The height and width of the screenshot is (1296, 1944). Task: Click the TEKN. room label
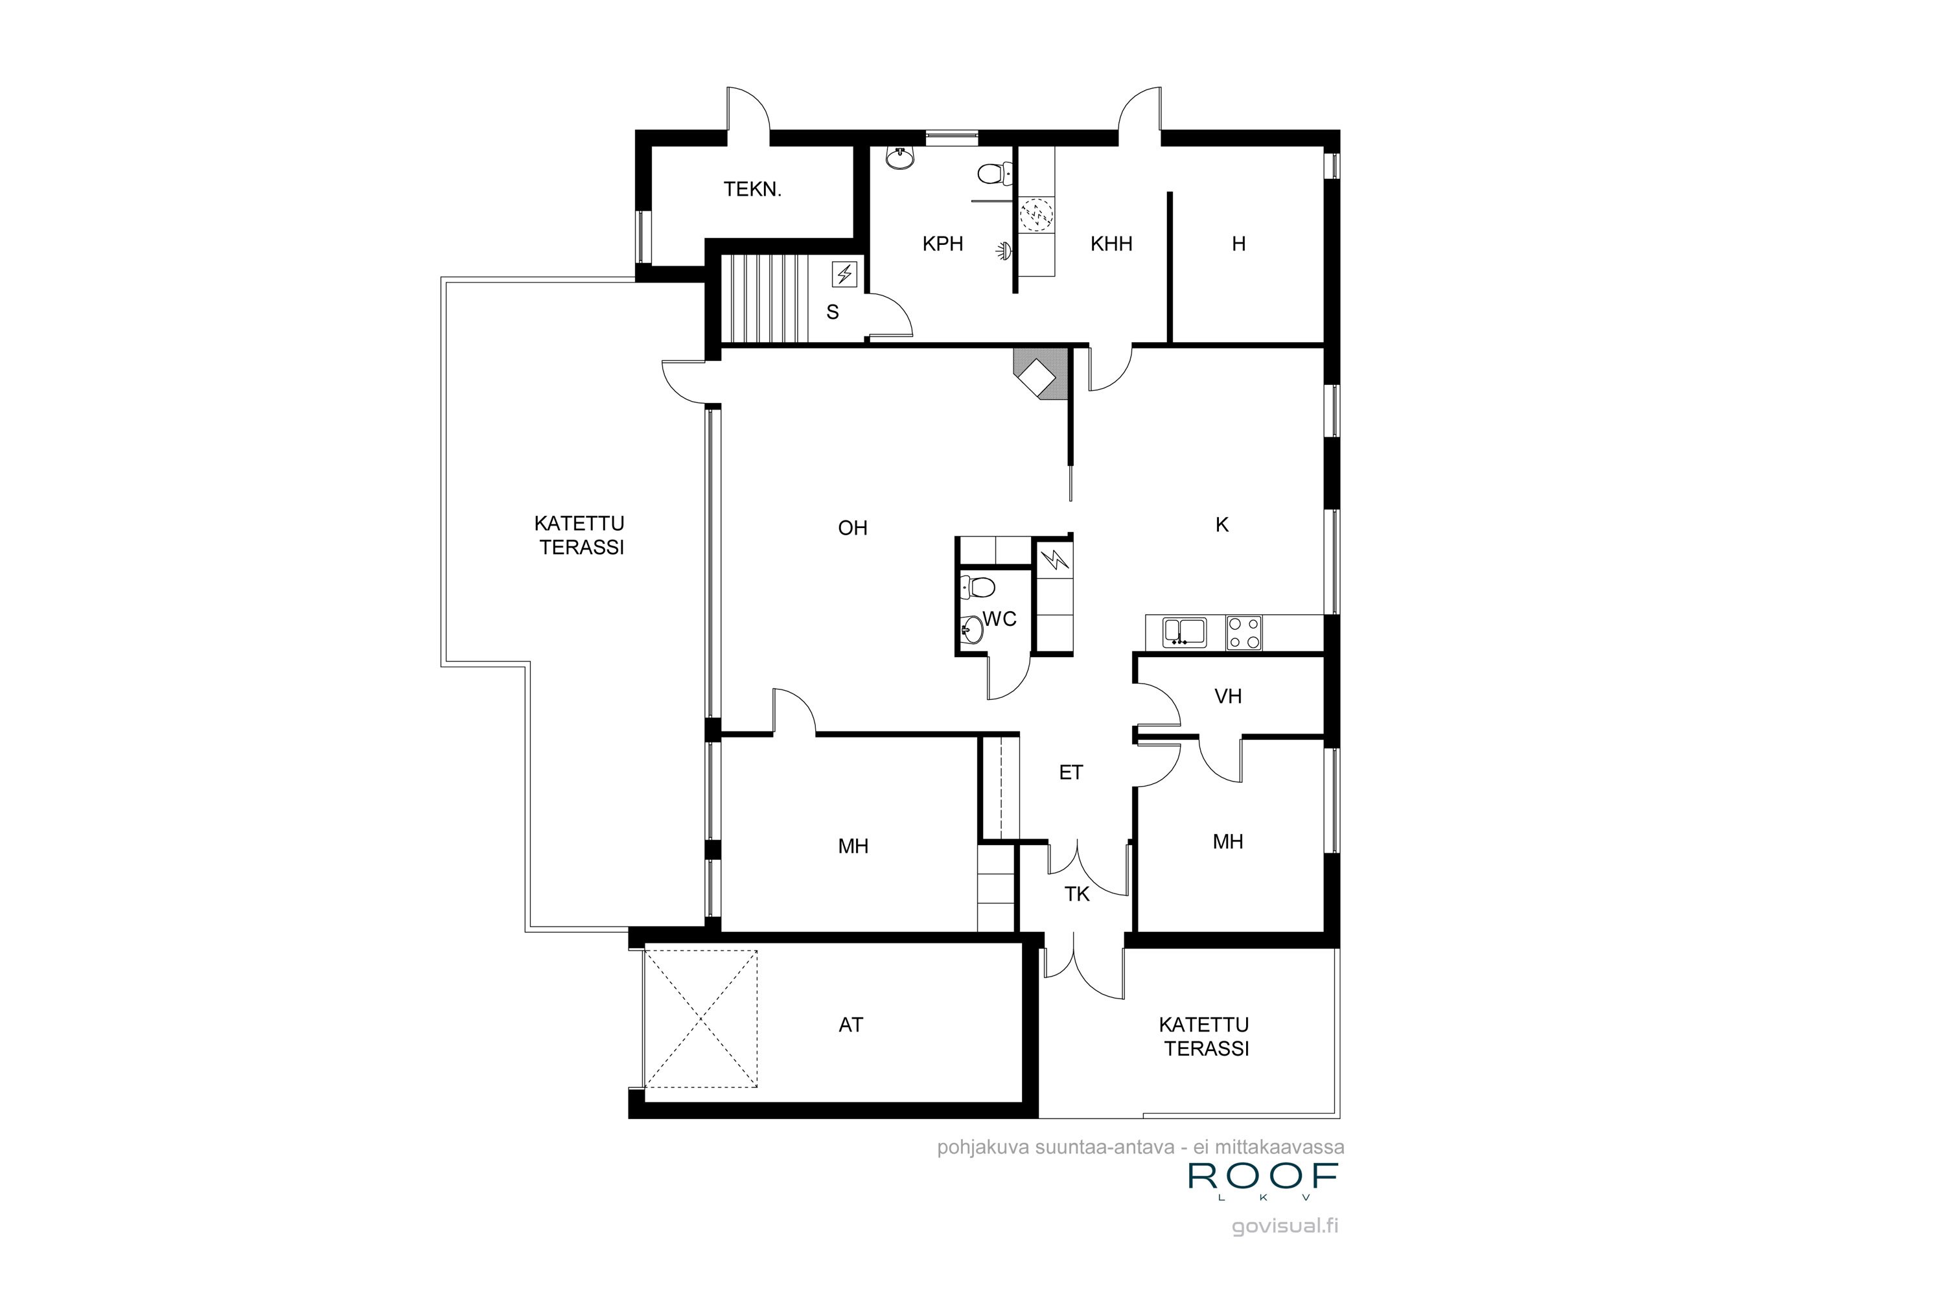click(x=752, y=189)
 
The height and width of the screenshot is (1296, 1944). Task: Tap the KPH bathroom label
click(x=942, y=244)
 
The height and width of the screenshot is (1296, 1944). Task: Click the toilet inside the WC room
click(x=978, y=588)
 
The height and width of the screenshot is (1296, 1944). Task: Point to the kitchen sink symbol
click(x=1184, y=632)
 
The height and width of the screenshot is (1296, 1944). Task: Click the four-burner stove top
click(x=1243, y=633)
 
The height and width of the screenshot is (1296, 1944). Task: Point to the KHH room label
click(x=1111, y=244)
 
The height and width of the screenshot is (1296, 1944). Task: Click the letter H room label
click(x=1238, y=244)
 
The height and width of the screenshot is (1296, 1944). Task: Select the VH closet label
click(x=1227, y=696)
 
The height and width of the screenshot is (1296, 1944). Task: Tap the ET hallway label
click(x=1070, y=772)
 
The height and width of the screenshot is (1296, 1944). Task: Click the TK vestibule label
click(x=1076, y=894)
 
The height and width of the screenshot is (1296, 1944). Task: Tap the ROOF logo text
click(x=1263, y=1176)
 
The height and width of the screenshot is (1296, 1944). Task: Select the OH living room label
click(x=852, y=527)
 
